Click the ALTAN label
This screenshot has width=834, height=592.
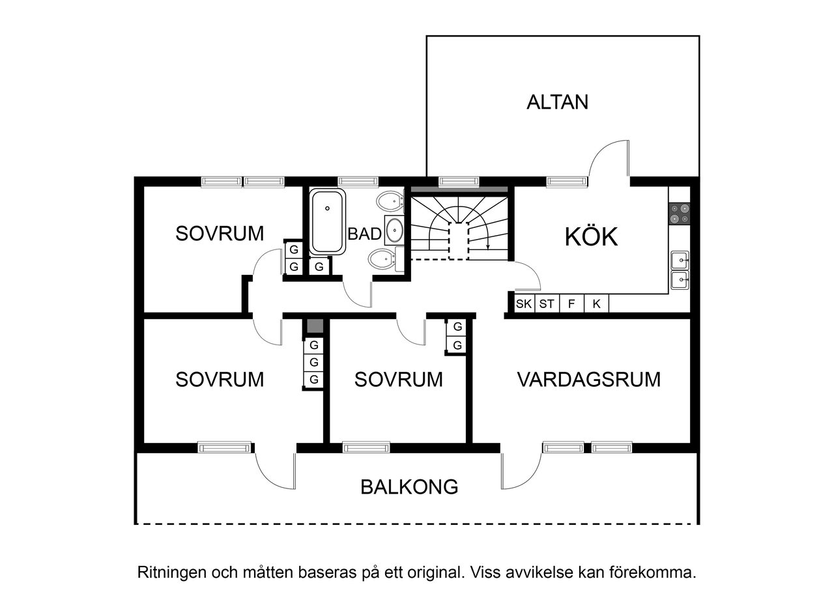click(557, 102)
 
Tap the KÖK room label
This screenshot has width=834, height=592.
click(591, 237)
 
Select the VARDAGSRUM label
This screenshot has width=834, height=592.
click(588, 379)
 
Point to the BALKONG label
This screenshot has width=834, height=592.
click(410, 486)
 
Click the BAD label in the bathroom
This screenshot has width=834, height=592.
click(364, 234)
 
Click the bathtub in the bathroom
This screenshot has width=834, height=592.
click(327, 221)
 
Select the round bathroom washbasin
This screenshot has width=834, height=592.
click(395, 229)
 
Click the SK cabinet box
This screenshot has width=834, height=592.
click(524, 303)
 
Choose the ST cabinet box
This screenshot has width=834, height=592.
click(547, 303)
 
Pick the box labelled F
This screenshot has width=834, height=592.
click(571, 303)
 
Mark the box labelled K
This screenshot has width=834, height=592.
click(596, 303)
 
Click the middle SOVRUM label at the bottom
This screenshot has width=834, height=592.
click(398, 379)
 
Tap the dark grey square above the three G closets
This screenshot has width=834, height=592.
click(314, 326)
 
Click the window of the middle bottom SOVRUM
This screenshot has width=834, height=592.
click(366, 447)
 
